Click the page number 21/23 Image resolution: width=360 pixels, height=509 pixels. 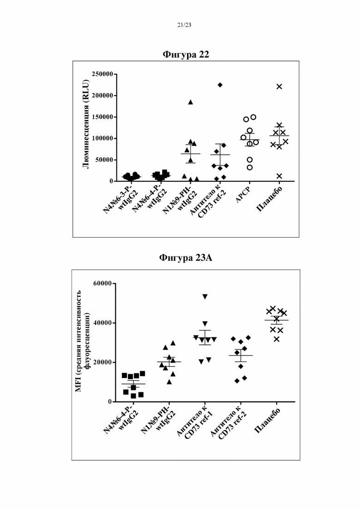point(184,25)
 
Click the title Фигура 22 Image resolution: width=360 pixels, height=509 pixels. point(186,54)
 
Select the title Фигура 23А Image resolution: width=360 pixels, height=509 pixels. point(186,258)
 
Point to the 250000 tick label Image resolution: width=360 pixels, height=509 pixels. point(102,74)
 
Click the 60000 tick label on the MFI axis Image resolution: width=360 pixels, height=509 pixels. point(102,283)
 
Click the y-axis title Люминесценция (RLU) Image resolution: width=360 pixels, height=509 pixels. point(85,124)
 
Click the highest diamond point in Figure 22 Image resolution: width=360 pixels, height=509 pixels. point(220,85)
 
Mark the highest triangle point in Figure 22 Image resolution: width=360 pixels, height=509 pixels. point(191,102)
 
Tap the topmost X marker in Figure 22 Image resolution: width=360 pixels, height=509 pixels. point(279,86)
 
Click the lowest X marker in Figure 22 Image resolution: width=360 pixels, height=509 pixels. point(279,176)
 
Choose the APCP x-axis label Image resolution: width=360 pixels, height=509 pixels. point(244,195)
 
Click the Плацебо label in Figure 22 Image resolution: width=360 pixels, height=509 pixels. point(269,199)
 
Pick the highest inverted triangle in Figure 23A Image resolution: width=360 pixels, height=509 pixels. point(205,296)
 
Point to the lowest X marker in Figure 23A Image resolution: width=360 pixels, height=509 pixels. point(276,339)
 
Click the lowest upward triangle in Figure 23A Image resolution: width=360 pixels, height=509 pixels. point(169,382)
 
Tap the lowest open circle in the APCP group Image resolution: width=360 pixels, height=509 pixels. point(250,168)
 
